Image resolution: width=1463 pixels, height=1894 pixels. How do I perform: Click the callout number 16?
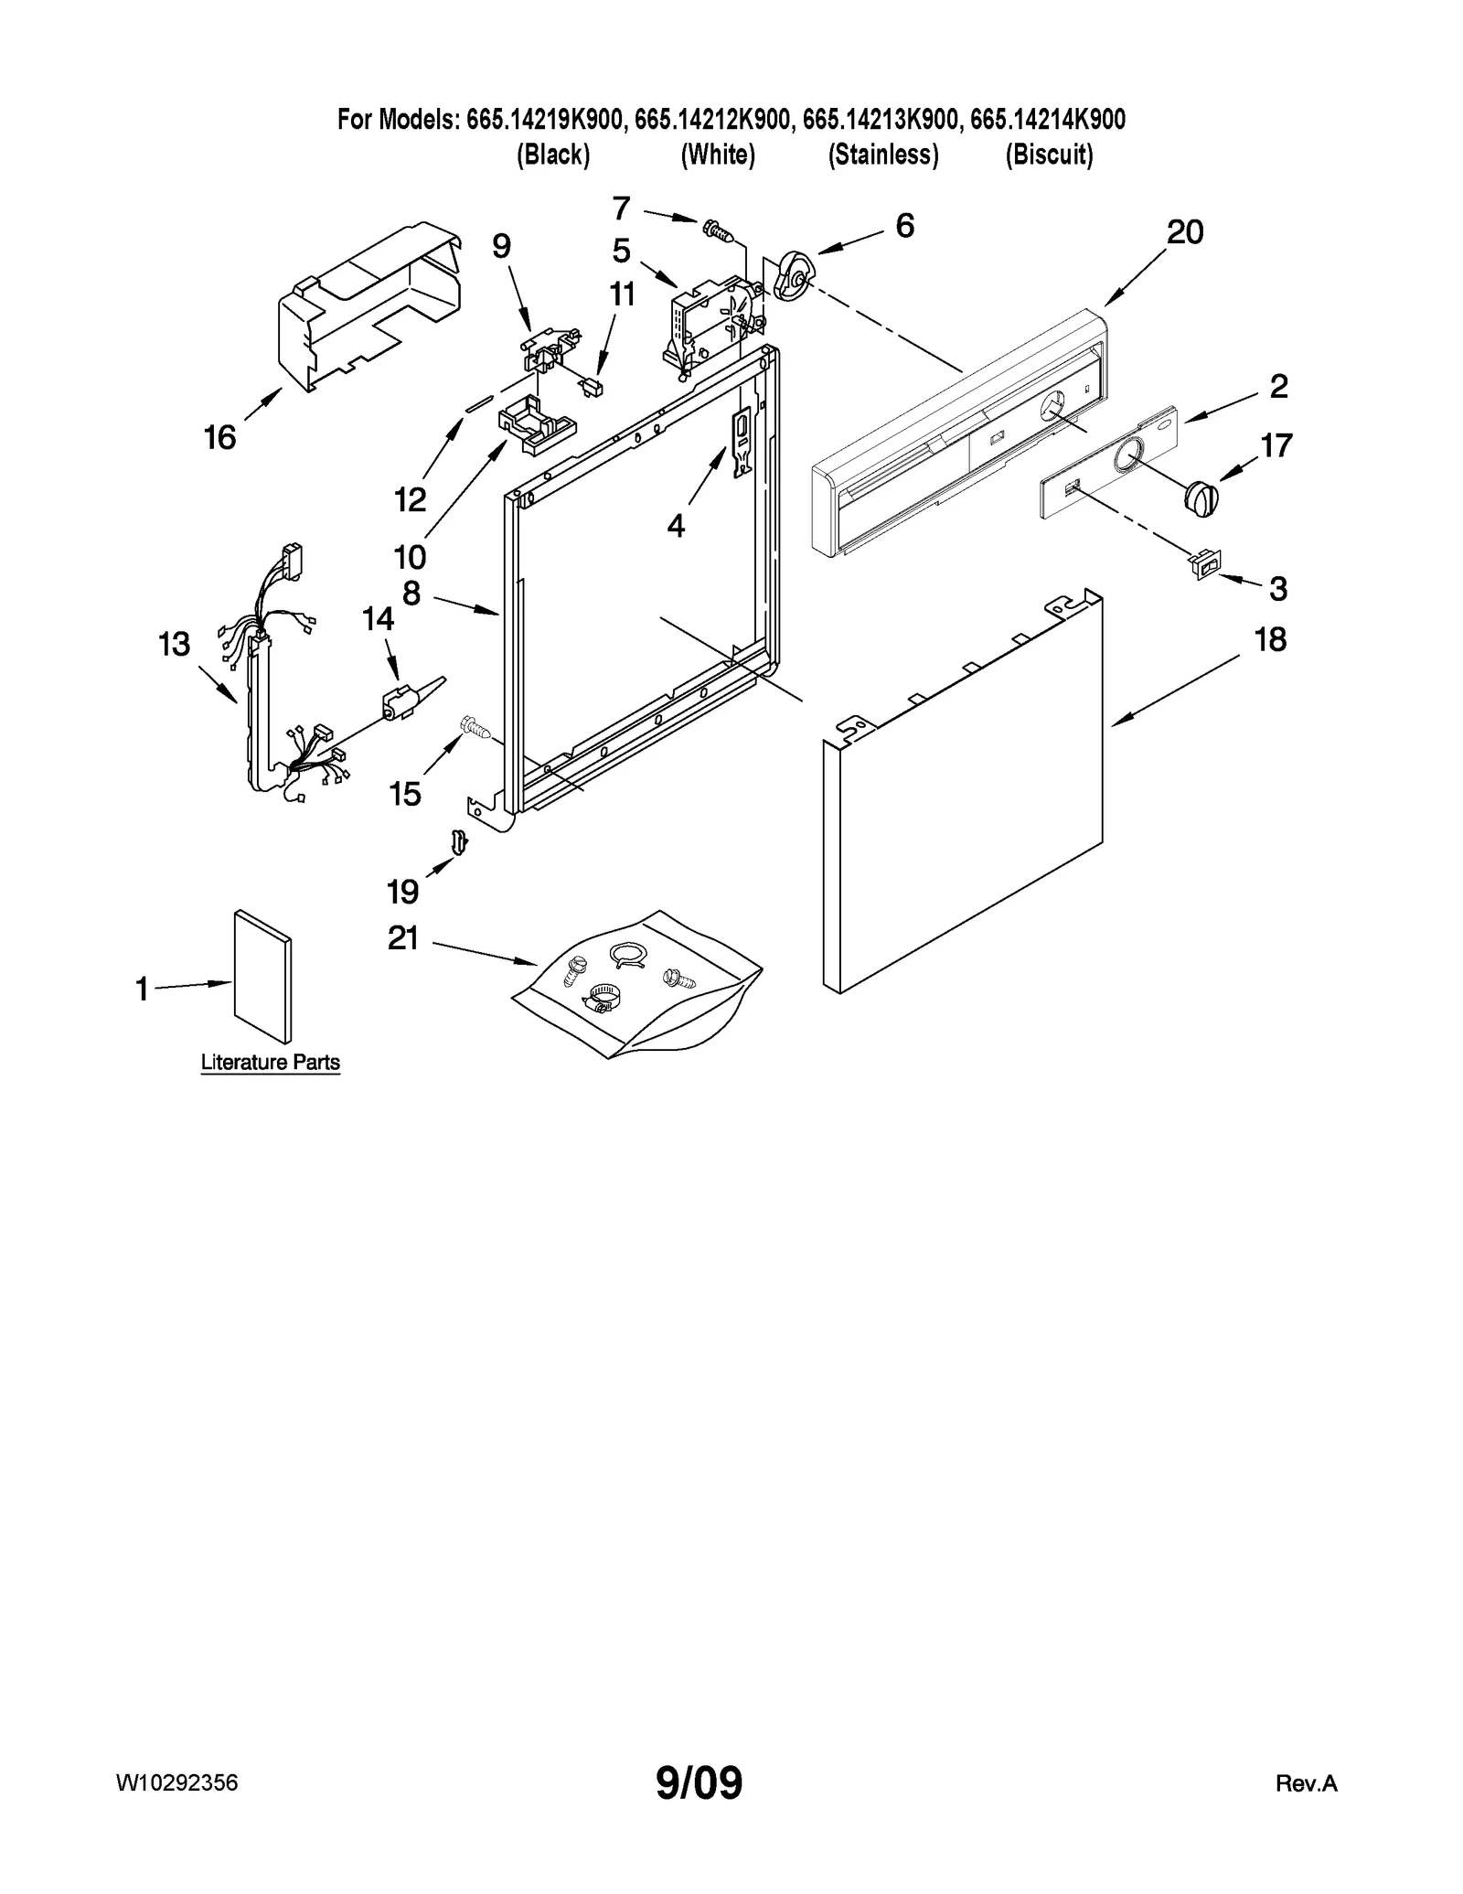click(219, 437)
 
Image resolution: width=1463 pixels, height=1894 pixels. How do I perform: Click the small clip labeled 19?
click(459, 840)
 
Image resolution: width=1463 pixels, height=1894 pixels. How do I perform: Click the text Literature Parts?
click(270, 1062)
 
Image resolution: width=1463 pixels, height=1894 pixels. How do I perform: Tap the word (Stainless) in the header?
click(883, 155)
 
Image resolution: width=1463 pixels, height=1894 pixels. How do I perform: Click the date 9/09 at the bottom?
click(699, 1782)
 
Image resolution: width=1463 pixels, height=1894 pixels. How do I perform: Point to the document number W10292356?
click(176, 1782)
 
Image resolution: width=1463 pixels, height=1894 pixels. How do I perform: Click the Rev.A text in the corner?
click(1306, 1782)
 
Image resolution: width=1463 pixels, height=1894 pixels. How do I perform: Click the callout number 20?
click(1185, 232)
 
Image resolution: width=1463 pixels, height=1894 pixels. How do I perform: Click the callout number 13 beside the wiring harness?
click(174, 644)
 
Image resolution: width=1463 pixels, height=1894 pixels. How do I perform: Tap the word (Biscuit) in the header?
click(1049, 155)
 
